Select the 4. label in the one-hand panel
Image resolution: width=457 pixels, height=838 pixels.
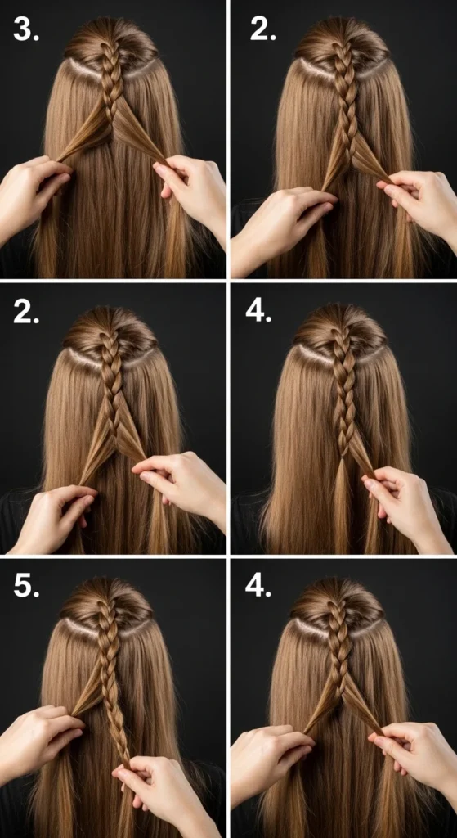pos(258,310)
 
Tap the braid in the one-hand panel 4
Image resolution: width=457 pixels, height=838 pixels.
pos(343,393)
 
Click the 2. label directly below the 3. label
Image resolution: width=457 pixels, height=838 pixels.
pos(27,310)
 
